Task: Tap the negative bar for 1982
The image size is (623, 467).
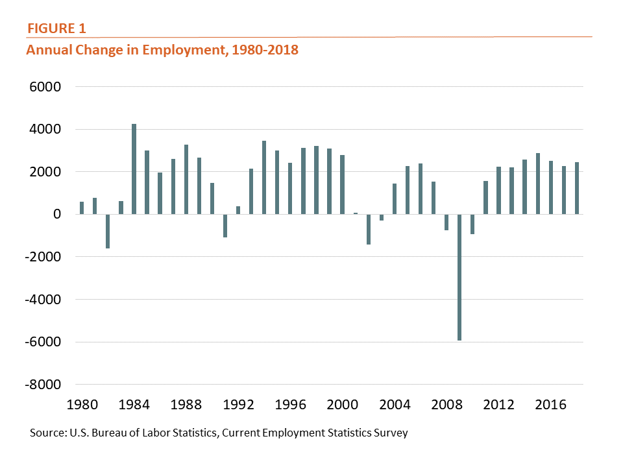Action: click(108, 231)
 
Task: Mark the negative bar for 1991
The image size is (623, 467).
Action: click(225, 226)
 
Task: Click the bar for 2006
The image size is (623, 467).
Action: click(421, 189)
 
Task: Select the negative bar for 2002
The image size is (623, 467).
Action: click(369, 229)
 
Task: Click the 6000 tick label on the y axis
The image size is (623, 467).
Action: click(45, 86)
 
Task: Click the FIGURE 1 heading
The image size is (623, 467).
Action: click(55, 29)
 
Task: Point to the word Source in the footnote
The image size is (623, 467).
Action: click(46, 433)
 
